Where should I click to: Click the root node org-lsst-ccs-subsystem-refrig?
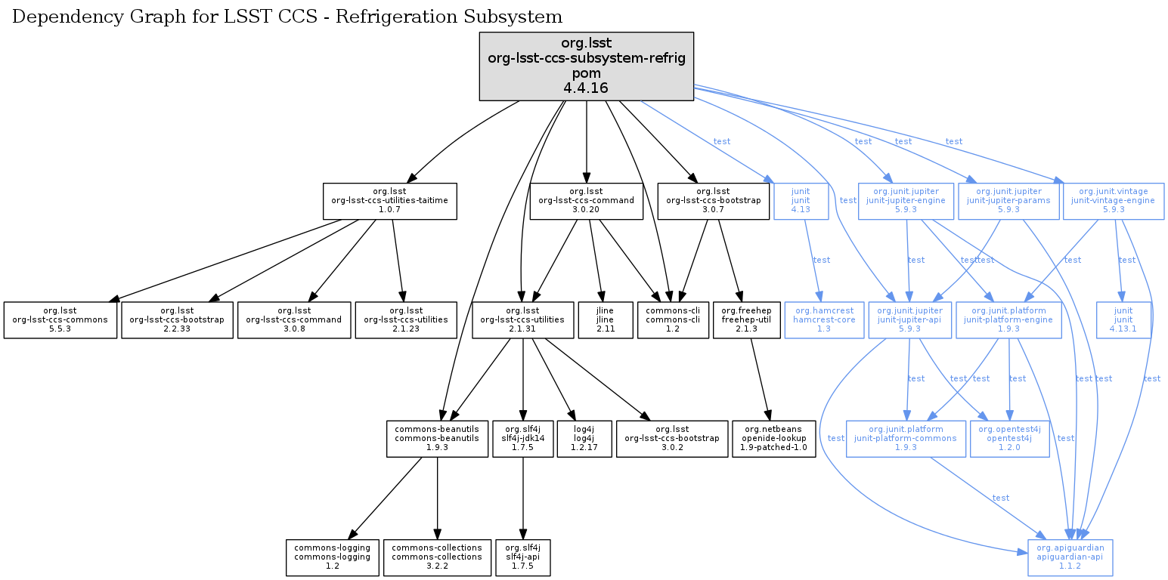(587, 66)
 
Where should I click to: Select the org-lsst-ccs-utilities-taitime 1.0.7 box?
(390, 202)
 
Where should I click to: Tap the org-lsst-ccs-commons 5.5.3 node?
(60, 319)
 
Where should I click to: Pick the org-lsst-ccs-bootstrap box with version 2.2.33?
(177, 319)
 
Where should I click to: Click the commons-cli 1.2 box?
(673, 319)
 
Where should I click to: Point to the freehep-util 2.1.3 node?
(746, 319)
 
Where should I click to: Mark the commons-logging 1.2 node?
(333, 557)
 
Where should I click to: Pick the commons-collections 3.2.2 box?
(437, 557)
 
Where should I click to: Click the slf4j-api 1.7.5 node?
(523, 557)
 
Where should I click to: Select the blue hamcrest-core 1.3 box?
(825, 319)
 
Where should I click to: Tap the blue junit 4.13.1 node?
(1124, 319)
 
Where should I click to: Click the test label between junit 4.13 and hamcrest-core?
(821, 260)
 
